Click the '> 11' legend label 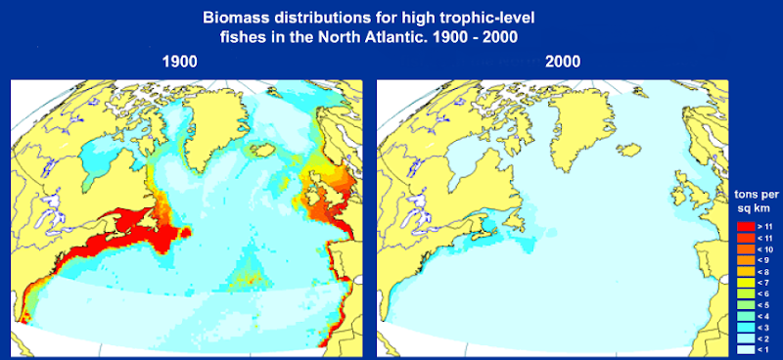pos(762,227)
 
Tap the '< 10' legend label pos(762,250)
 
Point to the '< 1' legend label pos(762,350)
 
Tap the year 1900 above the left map pos(182,61)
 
